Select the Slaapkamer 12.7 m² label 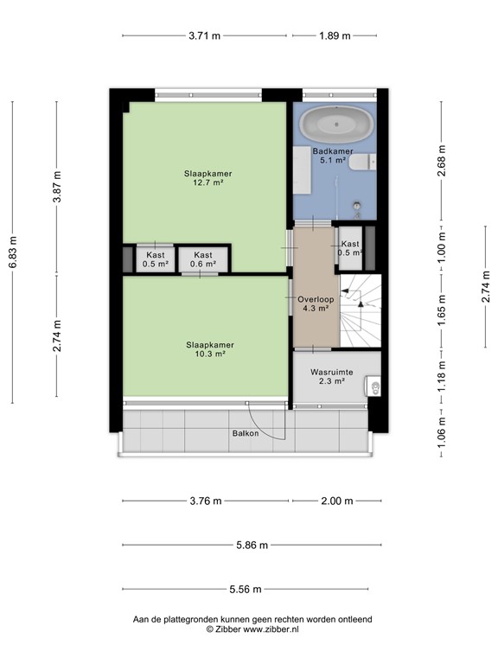pos(207,178)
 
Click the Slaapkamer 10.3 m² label pos(207,348)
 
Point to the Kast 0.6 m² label pos(203,259)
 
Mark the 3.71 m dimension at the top pos(204,35)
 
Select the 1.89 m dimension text pos(335,35)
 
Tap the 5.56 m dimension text pos(249,590)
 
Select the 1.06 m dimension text pos(442,442)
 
